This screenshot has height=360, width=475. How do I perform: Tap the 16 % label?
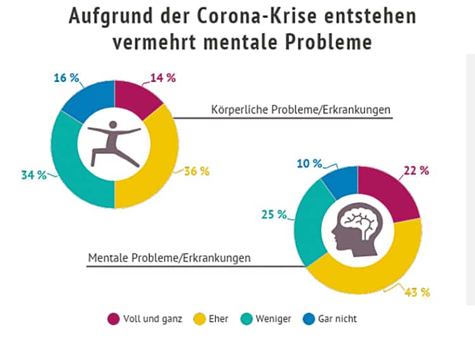[x=66, y=78]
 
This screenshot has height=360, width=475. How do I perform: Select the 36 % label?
[x=196, y=171]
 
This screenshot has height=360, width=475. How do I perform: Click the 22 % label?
[x=416, y=171]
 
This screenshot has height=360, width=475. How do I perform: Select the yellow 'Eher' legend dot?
[x=197, y=319]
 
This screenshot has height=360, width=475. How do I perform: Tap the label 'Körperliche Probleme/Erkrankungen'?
[x=301, y=109]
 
